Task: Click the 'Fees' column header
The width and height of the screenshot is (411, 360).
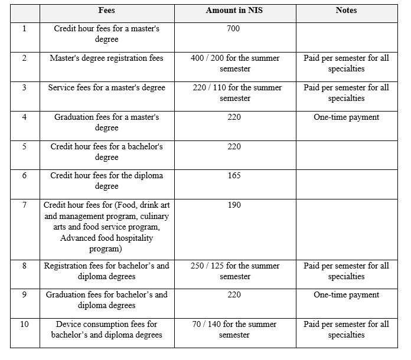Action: pos(106,11)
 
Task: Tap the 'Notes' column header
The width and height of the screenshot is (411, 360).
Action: pos(346,11)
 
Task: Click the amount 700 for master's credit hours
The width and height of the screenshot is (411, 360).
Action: pos(233,28)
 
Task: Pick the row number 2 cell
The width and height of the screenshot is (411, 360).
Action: pos(24,58)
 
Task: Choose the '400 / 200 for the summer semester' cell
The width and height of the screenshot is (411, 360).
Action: pos(235,63)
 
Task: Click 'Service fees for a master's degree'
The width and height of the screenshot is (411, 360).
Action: pos(107,87)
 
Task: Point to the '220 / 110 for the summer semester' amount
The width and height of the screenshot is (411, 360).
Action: pos(235,93)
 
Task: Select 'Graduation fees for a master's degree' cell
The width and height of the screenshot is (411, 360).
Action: pos(107,122)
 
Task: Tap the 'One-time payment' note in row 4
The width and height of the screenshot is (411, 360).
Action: pos(346,117)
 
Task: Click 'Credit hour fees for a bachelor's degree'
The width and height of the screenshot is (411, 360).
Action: pos(107,152)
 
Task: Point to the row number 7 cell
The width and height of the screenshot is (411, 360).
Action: pos(24,205)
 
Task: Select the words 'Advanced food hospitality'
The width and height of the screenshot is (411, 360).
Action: pos(107,238)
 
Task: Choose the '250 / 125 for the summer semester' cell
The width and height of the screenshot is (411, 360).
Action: pos(235,271)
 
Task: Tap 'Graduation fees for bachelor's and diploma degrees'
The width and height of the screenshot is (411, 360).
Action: pos(107,300)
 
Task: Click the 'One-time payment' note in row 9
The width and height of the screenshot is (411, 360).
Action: pos(346,294)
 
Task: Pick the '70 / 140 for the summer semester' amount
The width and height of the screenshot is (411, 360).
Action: pos(235,329)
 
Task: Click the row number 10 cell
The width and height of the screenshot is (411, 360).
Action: pos(24,324)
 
